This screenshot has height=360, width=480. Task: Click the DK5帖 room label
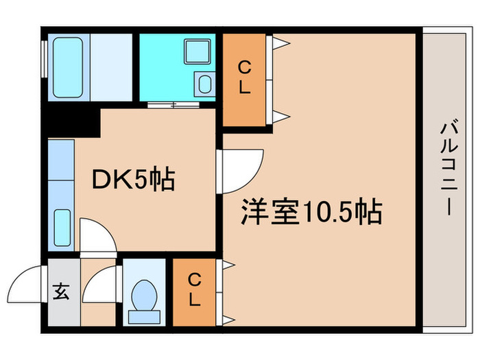[134, 180]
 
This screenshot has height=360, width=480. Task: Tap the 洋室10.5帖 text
[311, 212]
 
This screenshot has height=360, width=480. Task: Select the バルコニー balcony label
[449, 168]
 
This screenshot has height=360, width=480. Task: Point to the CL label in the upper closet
[243, 77]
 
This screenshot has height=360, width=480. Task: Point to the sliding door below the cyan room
[175, 104]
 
